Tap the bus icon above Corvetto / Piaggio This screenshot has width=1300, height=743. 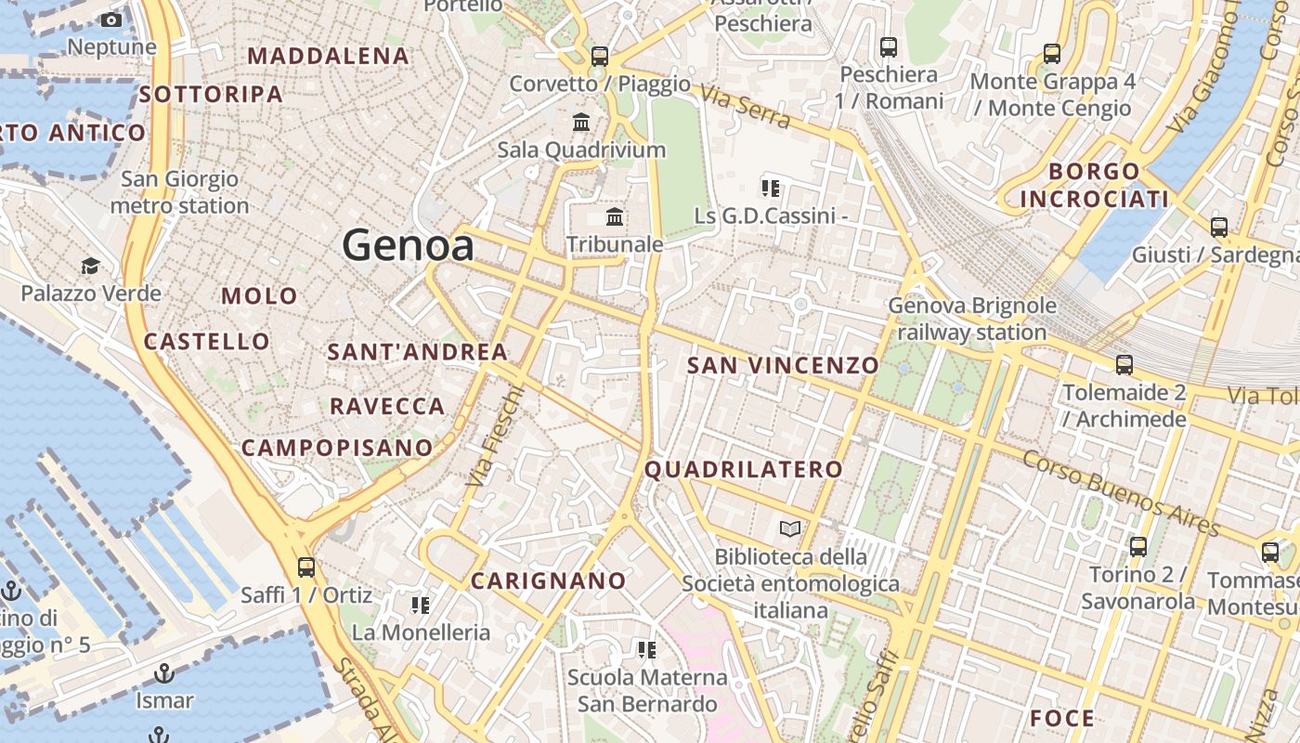[x=600, y=56]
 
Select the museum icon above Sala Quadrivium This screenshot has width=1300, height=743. [x=581, y=122]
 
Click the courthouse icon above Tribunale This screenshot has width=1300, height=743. [x=615, y=217]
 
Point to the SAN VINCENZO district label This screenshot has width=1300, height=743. [x=782, y=365]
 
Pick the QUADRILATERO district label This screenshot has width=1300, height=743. [x=744, y=469]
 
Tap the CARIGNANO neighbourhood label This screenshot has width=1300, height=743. [x=548, y=581]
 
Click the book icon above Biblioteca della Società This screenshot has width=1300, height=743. [x=790, y=528]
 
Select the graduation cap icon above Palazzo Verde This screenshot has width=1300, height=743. [x=90, y=267]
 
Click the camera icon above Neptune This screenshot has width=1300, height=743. [x=111, y=20]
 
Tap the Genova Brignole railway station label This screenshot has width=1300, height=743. [x=972, y=319]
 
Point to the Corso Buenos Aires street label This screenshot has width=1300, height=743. [x=1120, y=493]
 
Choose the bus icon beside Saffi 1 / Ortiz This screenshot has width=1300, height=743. [x=305, y=567]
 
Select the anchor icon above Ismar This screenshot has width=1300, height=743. [x=164, y=672]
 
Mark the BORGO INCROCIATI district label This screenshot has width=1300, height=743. [x=1094, y=185]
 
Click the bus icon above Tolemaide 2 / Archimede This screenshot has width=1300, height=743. [x=1124, y=365]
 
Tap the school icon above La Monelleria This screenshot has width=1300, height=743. [x=420, y=606]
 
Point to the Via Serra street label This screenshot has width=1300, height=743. [x=745, y=108]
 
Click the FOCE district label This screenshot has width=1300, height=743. [x=1062, y=718]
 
